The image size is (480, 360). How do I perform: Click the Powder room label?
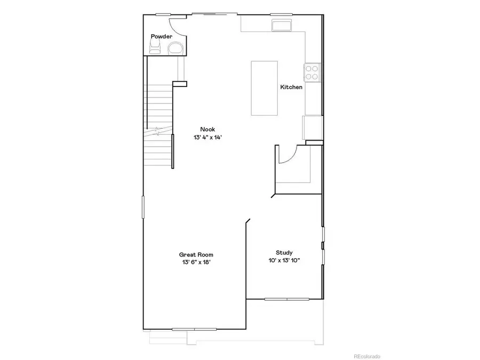[161, 36]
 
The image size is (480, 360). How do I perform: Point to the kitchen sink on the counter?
[282, 26]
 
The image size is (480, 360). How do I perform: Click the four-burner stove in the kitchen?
[312, 72]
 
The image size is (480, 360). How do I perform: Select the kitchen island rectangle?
[265, 87]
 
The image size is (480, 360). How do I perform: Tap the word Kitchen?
[292, 87]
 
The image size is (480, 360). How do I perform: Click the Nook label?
[207, 129]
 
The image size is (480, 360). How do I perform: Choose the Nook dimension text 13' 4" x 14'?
[207, 137]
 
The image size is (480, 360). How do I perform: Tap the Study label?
[284, 253]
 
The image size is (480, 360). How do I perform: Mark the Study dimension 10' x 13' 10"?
[284, 260]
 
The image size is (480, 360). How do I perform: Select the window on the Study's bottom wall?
[287, 299]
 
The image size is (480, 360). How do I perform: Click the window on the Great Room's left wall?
[143, 207]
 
